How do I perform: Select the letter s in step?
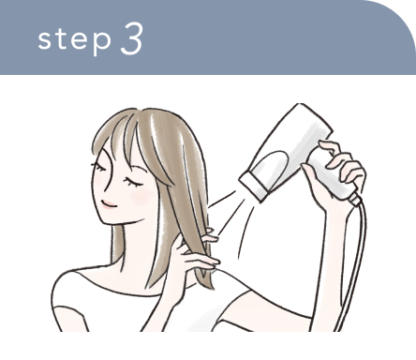click(46, 42)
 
